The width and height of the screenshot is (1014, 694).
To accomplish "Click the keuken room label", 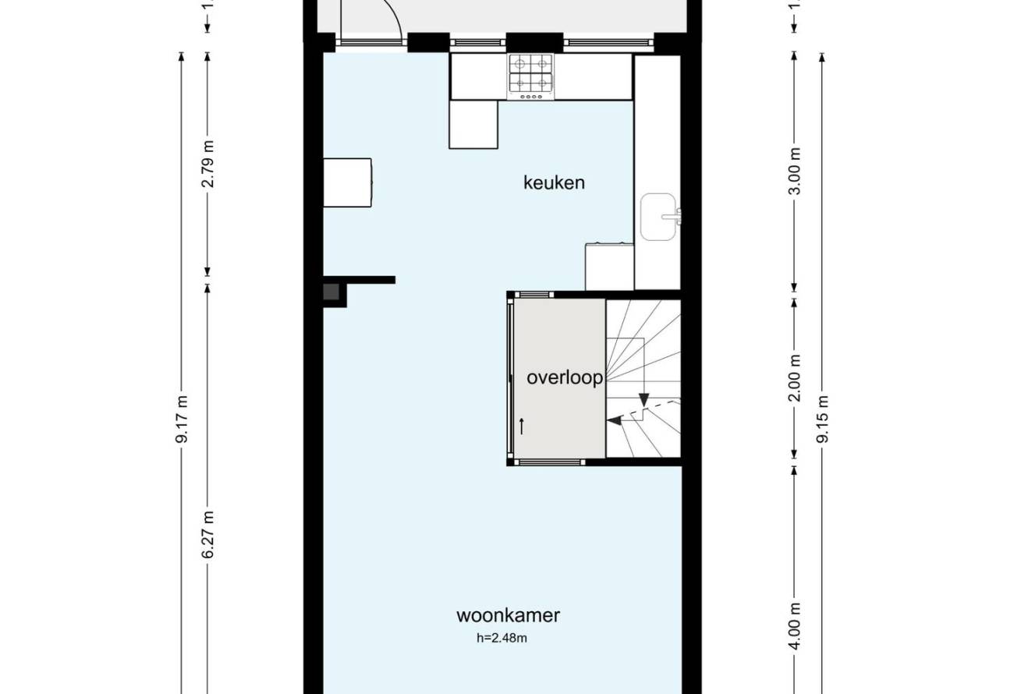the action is click(554, 182).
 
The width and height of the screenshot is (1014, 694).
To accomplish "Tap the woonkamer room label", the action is click(508, 615).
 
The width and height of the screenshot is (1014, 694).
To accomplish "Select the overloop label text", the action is click(565, 377).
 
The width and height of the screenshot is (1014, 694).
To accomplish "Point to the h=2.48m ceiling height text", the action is click(502, 638).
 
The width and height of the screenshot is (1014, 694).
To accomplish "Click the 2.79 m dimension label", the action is click(207, 164).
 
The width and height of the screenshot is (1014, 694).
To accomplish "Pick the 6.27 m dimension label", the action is click(207, 535).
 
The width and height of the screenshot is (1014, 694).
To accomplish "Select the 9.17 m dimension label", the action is click(182, 420).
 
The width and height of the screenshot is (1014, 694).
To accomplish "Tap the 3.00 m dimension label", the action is click(795, 171).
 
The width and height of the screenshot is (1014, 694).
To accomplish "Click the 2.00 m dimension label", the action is click(795, 378).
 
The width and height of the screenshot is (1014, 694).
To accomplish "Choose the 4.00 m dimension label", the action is click(795, 626).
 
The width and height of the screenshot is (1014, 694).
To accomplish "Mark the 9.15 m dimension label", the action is click(823, 420).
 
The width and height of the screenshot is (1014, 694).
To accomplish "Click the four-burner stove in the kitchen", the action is click(530, 76).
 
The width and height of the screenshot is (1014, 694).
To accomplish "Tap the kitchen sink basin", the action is click(658, 217).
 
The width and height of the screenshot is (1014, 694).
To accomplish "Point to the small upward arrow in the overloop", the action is click(522, 427).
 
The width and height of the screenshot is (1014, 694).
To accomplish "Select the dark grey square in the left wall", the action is click(331, 292).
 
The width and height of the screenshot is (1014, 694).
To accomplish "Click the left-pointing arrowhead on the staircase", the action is click(613, 421).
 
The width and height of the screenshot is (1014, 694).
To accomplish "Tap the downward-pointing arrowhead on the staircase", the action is click(643, 399).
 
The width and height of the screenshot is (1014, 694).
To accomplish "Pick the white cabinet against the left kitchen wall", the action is click(347, 182).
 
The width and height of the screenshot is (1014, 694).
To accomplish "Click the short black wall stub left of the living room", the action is click(359, 280).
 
